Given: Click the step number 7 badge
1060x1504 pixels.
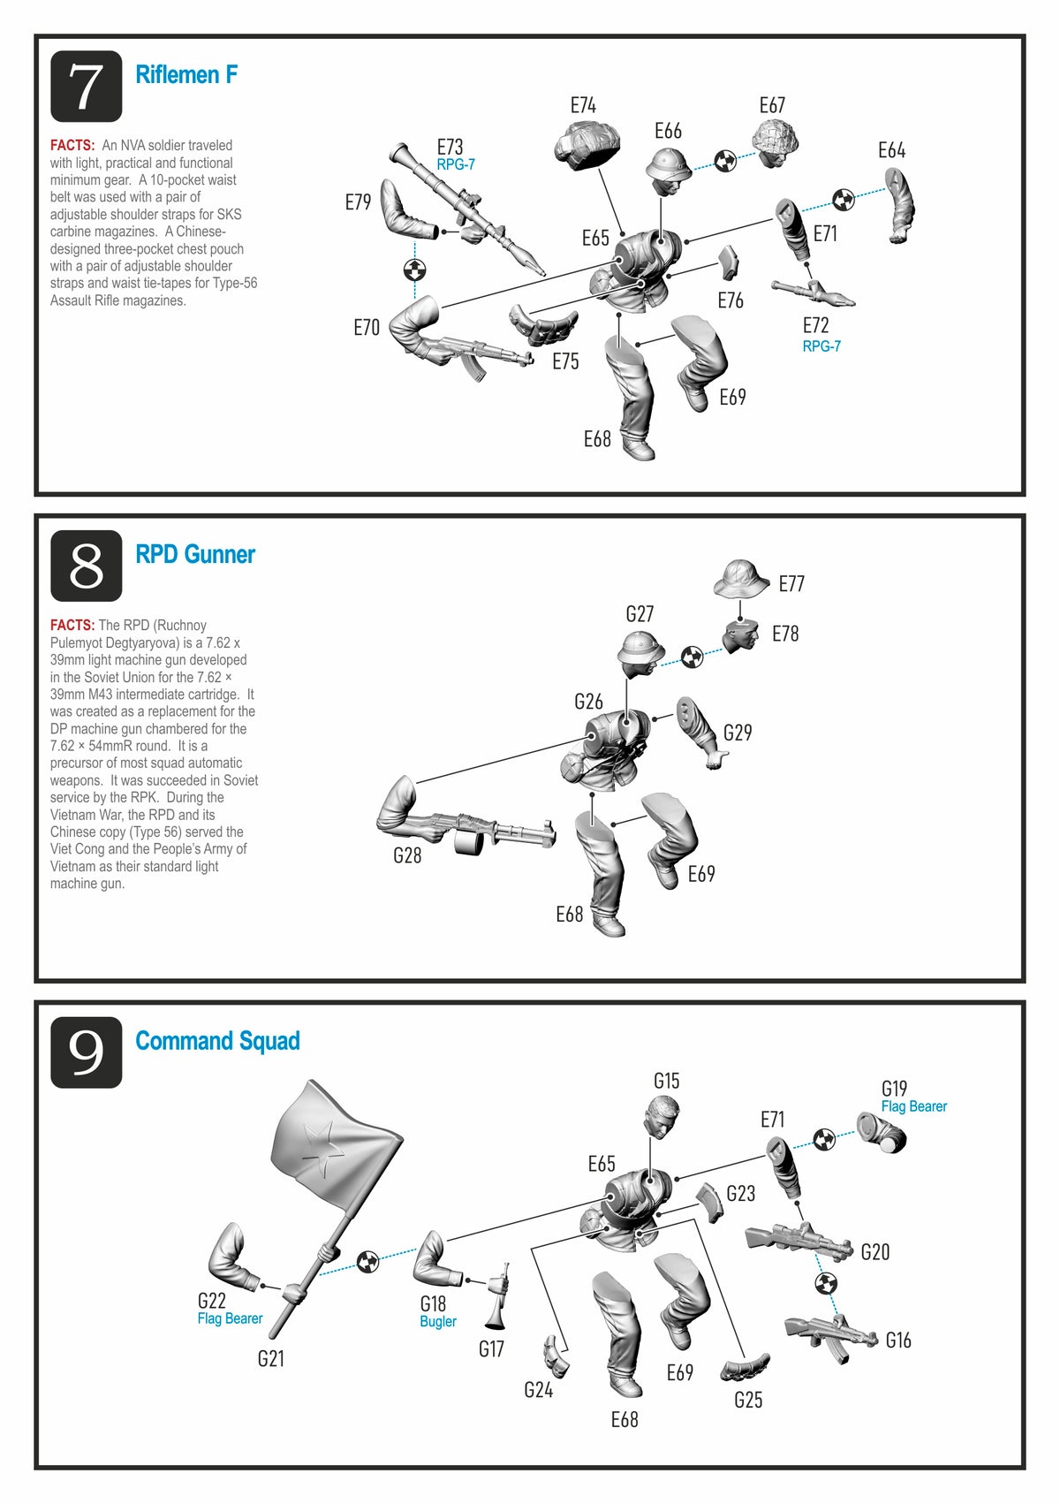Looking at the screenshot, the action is point(86,87).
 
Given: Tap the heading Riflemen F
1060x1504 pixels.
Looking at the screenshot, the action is point(186,75).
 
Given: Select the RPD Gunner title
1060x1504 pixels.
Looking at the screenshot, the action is point(195,554).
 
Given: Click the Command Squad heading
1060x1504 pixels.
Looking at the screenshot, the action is point(217,1041).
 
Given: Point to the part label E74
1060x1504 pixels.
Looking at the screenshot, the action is point(583,106).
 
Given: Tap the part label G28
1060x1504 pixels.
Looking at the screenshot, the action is point(407,855).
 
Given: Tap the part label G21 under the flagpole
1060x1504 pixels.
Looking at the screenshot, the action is point(271,1358).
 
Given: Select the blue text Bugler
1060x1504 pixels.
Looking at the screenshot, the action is point(438,1322).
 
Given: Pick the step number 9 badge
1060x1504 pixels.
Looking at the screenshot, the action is point(86,1052).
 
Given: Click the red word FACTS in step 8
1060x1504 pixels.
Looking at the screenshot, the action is point(72,625).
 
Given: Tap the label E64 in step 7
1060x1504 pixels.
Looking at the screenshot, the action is point(892,150).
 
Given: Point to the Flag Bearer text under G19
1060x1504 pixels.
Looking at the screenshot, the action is point(914,1106).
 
